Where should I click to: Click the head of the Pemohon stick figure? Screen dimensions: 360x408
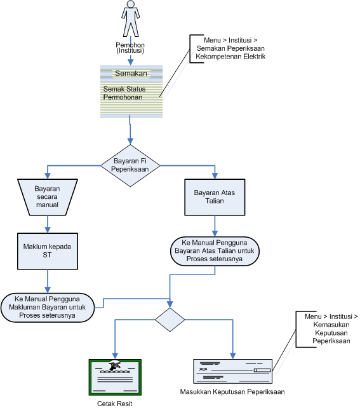131,4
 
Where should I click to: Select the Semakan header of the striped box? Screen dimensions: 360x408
131,73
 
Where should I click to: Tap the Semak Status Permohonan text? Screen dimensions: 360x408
124,93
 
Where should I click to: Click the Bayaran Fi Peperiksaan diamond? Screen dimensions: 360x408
130,165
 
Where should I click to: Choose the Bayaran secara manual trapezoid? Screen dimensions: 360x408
48,197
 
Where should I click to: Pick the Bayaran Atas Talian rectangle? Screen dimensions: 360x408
215,197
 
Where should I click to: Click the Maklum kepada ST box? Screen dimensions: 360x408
48,251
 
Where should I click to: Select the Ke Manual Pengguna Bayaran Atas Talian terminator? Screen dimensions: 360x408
215,251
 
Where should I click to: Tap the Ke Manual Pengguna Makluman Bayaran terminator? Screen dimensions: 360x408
48,308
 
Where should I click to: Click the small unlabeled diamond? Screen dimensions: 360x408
170,320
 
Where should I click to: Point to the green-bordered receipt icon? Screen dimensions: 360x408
115,377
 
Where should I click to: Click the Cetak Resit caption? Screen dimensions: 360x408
115,404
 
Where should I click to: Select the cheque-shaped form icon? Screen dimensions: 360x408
232,371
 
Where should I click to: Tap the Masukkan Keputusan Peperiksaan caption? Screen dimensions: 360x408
232,391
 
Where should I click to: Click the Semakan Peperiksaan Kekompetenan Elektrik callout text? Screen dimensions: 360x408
230,48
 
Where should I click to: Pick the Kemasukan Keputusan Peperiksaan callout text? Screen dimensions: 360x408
331,329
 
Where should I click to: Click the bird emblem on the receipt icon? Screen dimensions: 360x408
115,365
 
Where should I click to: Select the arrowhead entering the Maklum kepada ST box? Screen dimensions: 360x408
48,230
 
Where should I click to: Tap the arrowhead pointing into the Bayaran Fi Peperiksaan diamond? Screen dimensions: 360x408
130,141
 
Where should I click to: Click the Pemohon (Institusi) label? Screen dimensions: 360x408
130,48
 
